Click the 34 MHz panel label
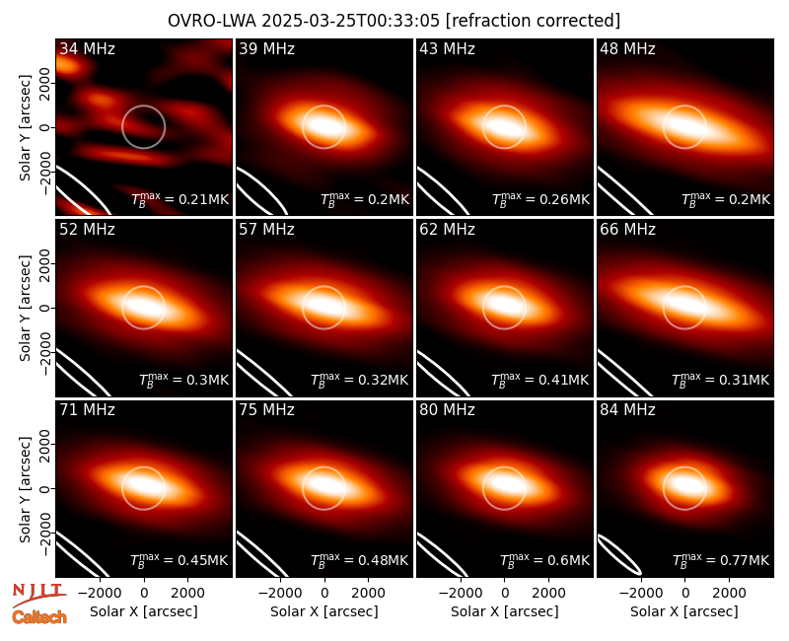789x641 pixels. coord(87,48)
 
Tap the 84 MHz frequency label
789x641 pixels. coord(627,410)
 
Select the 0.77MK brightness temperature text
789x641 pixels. coord(721,559)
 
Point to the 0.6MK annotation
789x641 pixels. coord(544,559)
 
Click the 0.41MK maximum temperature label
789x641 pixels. coord(539,379)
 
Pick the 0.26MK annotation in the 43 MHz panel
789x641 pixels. coord(540,199)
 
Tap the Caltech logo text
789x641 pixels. coord(39,617)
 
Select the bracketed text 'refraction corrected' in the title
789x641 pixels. coord(534,21)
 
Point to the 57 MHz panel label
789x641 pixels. coord(266,230)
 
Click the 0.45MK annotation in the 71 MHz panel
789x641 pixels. coord(179,559)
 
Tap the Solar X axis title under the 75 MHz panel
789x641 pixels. coord(324,611)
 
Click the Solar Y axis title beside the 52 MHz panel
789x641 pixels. coord(26,308)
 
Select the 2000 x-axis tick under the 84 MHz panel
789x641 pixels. coord(729,594)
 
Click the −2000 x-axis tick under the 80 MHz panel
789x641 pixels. coord(461,594)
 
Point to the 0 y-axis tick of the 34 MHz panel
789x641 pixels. coord(45,127)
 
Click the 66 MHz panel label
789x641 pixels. coord(627,230)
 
